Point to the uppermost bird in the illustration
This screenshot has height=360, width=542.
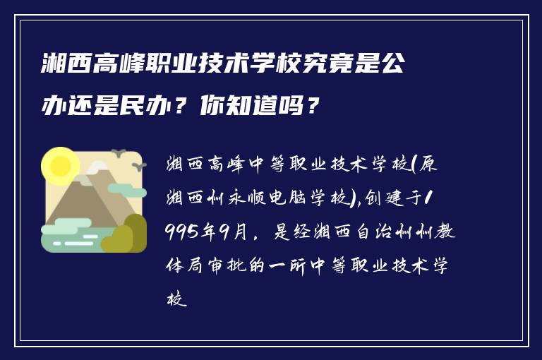coord(119,152)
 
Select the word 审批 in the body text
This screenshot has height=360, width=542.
coord(242,266)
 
